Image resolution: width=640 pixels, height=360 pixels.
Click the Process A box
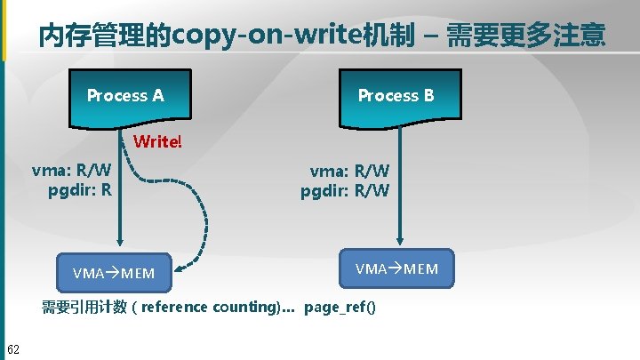[x=125, y=96]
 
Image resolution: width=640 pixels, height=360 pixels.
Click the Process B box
[x=396, y=96]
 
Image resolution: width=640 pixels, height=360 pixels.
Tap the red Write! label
[x=156, y=142]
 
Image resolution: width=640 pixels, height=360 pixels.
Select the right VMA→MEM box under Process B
[x=396, y=268]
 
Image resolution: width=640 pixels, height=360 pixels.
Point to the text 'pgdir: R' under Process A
[x=80, y=188]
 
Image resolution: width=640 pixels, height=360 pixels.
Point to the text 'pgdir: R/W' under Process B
[x=345, y=189]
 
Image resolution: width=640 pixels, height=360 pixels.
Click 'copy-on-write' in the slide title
[x=267, y=36]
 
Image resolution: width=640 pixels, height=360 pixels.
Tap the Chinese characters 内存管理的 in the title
[x=106, y=36]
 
